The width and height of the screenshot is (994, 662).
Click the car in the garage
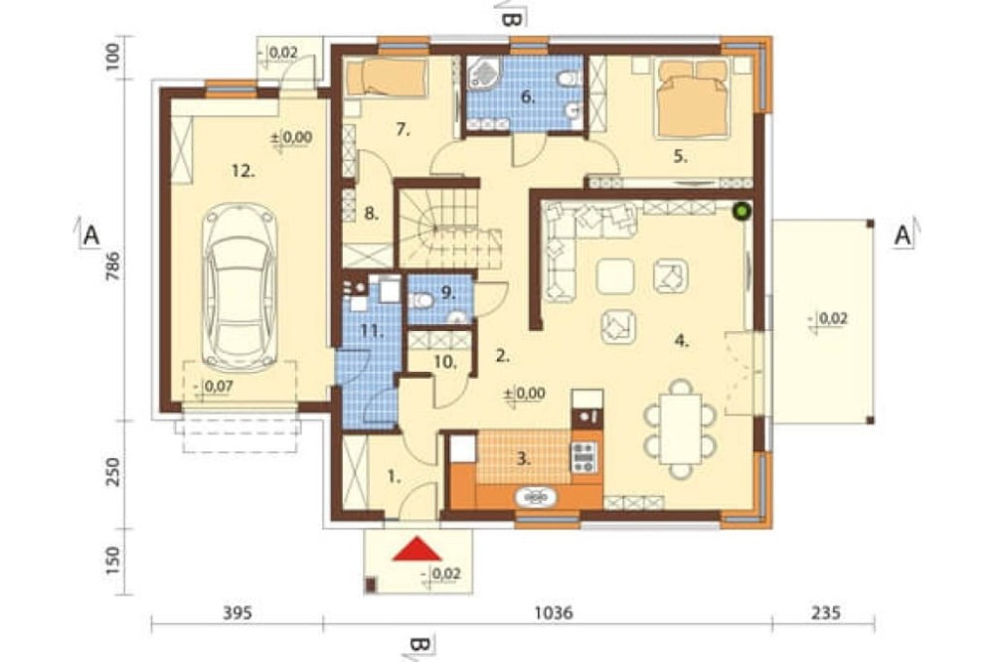point(240,288)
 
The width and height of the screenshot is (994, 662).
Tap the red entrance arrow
point(416,549)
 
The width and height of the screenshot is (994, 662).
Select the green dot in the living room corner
point(741,211)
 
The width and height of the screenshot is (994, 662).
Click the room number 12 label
point(243,171)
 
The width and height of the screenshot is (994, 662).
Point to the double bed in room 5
point(692,97)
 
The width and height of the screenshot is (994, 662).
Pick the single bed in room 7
point(387,77)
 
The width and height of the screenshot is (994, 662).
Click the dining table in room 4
point(680,428)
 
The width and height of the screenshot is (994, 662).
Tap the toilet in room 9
point(420,299)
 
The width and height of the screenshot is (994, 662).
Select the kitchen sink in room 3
point(537,498)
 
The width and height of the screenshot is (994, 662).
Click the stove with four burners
point(583,457)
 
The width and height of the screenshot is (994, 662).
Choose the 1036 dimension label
point(554,612)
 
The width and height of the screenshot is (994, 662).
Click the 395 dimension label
point(238,612)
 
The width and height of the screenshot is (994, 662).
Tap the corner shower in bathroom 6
point(483,74)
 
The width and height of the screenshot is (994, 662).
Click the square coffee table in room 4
point(614,276)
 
